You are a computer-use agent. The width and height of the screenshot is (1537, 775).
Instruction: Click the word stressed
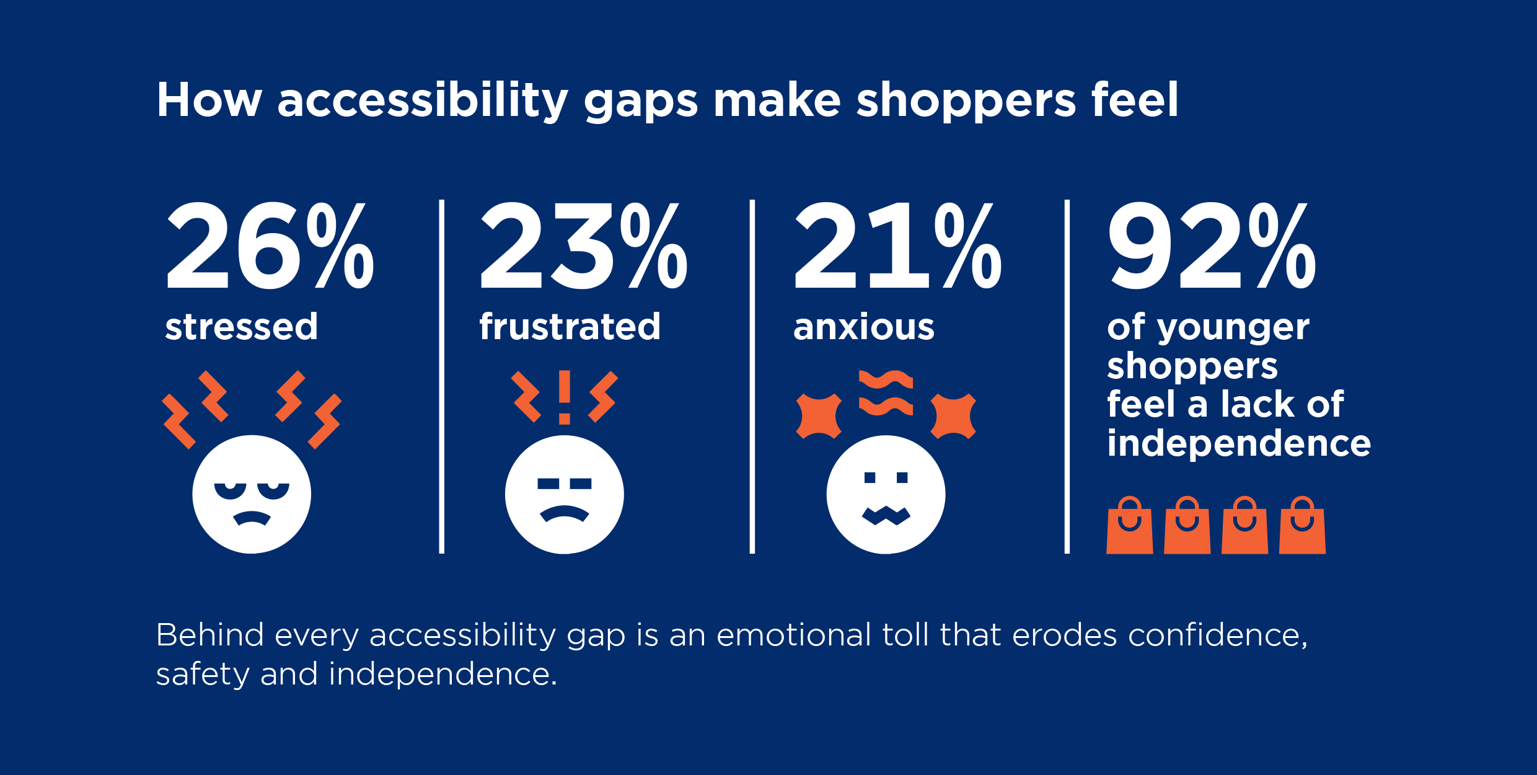tap(241, 327)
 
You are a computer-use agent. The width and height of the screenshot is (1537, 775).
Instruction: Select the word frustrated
tap(570, 327)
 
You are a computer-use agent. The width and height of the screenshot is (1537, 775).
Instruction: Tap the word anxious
tap(863, 327)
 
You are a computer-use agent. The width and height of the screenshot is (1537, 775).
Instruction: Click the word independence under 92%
tap(1238, 444)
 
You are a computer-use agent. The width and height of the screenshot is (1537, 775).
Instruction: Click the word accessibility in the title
tap(422, 100)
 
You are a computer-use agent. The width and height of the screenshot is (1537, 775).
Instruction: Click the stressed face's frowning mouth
tap(251, 518)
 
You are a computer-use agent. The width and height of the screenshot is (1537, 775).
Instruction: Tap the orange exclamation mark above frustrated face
tap(564, 397)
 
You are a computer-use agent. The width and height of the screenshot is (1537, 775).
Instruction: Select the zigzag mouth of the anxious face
tap(886, 515)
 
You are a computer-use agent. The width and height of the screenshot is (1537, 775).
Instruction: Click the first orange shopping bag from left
tap(1129, 527)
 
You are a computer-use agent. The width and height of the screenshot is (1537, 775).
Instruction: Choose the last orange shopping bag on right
tap(1302, 527)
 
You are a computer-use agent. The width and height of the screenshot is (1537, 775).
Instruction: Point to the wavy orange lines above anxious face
tap(886, 392)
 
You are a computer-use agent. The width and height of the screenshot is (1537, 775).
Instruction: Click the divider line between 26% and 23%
tap(441, 376)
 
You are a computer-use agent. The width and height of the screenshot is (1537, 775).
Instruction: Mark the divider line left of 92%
tap(1067, 376)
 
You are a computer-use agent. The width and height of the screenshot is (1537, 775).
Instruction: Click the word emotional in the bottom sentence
tap(793, 635)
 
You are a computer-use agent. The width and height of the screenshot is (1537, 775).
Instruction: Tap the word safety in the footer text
tap(202, 675)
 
